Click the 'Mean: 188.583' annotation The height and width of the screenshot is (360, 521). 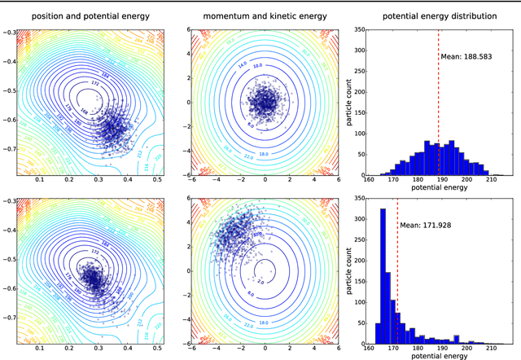(467, 57)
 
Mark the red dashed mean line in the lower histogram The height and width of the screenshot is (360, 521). (397, 277)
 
